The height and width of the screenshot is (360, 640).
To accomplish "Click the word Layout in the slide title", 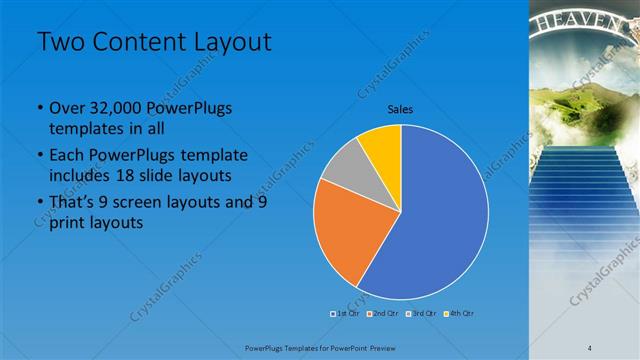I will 230,42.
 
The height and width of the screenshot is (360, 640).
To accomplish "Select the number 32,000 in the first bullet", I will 108,108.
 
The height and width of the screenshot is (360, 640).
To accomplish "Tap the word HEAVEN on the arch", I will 585,22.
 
